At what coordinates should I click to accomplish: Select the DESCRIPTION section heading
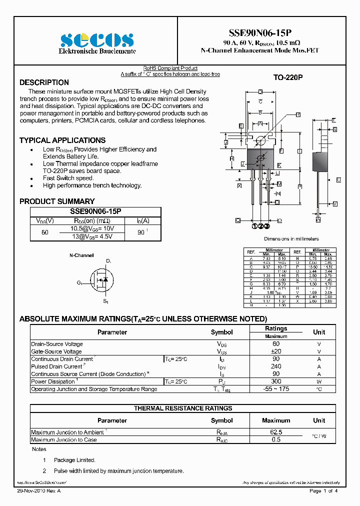[x=44, y=82]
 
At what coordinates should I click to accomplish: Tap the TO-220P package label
[x=288, y=78]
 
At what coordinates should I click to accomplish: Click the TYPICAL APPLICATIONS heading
[x=62, y=140]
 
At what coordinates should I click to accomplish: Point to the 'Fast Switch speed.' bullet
[x=68, y=178]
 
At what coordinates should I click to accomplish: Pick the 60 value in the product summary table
[x=45, y=232]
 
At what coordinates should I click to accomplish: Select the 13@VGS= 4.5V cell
[x=92, y=236]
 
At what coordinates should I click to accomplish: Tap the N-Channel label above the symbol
[x=81, y=255]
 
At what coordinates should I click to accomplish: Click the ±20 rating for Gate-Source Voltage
[x=276, y=351]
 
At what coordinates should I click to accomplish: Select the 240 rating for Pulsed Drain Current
[x=276, y=366]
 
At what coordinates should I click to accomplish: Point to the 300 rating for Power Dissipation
[x=276, y=381]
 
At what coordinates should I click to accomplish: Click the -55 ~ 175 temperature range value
[x=276, y=389]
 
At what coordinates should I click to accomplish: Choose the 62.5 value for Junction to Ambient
[x=276, y=432]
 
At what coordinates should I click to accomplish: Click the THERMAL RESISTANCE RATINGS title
[x=182, y=408]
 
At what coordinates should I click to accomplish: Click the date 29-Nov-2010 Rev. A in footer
[x=41, y=491]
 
